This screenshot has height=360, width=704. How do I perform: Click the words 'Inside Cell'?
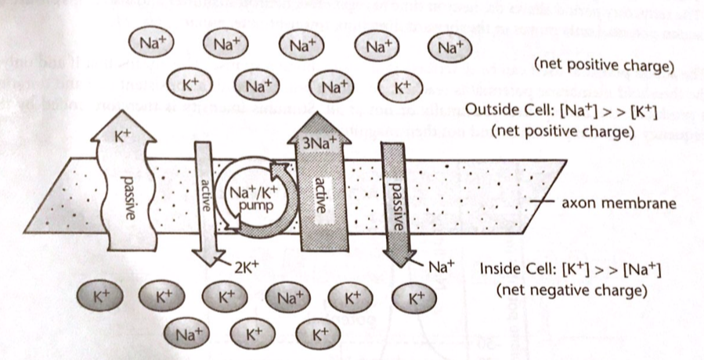[513, 271]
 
